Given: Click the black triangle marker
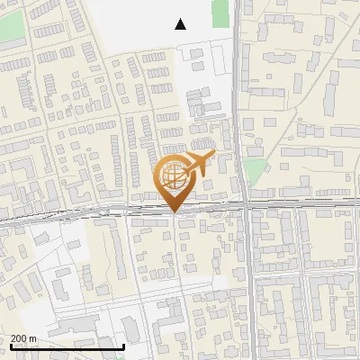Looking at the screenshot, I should click(181, 24).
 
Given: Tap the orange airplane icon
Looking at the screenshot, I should click(199, 165).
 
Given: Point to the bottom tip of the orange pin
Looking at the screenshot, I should click(174, 212).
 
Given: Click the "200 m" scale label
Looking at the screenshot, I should click(24, 338).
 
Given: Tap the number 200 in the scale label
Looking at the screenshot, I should click(20, 338).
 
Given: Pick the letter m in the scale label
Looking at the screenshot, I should click(33, 338).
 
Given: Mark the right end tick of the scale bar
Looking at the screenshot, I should click(123, 346).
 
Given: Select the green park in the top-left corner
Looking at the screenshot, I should click(11, 27).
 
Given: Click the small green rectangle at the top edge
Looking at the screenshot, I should click(220, 12).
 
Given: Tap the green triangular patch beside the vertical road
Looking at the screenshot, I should click(256, 171).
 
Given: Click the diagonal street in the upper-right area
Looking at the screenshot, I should click(306, 118).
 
